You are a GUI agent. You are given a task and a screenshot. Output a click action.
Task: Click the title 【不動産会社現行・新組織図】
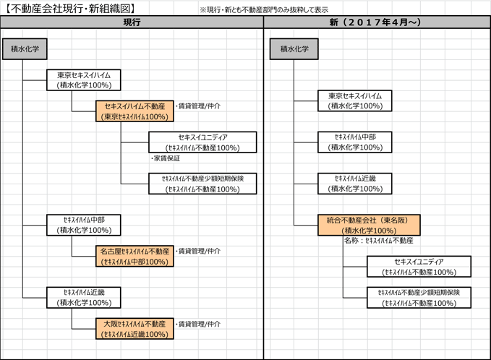(69, 8)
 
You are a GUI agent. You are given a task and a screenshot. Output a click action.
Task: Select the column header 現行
(132, 22)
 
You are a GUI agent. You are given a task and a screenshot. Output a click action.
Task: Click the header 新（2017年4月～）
(376, 22)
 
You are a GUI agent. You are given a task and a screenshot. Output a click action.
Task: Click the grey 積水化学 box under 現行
(25, 50)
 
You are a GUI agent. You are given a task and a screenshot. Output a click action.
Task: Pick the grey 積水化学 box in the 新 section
(294, 50)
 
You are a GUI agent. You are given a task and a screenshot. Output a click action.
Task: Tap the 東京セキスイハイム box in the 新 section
(354, 100)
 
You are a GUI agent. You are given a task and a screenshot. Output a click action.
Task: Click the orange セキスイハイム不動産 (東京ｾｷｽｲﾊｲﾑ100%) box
(135, 111)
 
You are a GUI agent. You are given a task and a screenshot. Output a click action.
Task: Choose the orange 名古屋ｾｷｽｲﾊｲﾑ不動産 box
(135, 256)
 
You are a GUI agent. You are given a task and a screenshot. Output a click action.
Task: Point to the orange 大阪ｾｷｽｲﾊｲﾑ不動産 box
(135, 329)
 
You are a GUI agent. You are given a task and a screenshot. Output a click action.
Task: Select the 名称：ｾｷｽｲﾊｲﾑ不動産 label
(378, 240)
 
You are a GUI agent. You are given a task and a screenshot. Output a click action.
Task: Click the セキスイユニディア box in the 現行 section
(202, 142)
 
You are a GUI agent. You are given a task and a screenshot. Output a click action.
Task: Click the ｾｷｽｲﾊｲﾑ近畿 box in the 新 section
(354, 183)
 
